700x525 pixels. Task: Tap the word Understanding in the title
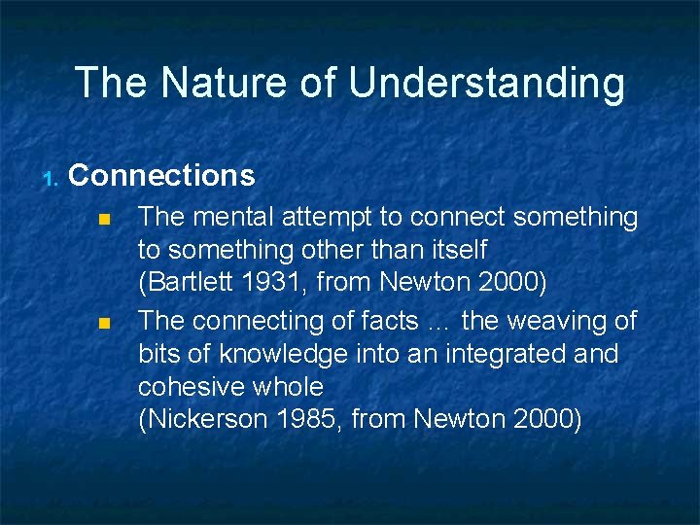pyautogui.click(x=487, y=85)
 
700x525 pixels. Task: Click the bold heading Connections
pyautogui.click(x=162, y=176)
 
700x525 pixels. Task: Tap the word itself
pyautogui.click(x=454, y=251)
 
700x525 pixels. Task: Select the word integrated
pyautogui.click(x=501, y=355)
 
